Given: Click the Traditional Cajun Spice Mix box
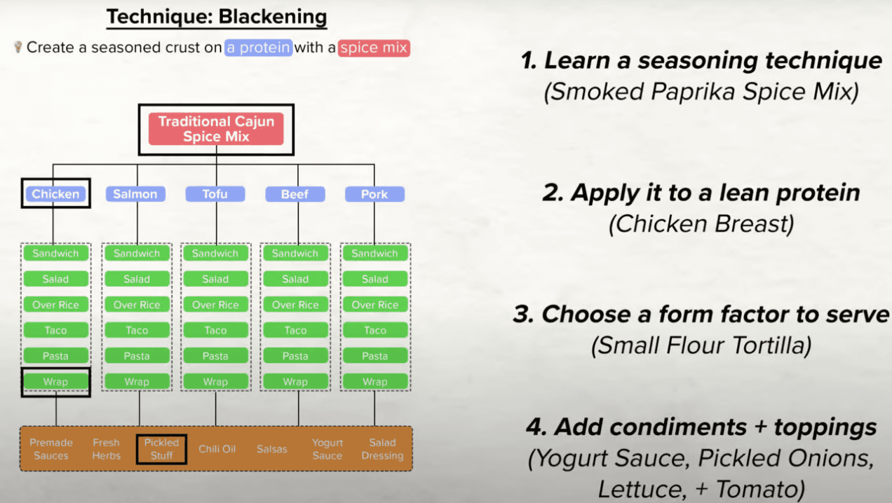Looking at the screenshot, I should tap(216, 129).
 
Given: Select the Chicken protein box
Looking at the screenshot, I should tap(55, 194).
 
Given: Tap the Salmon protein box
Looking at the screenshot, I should tap(135, 194).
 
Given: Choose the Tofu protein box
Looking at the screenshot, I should tap(215, 194).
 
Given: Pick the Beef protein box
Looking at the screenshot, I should tap(295, 194).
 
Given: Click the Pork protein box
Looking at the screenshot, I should tap(374, 194).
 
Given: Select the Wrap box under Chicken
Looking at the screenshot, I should tap(55, 382).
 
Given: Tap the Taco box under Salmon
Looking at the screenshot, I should tap(137, 330).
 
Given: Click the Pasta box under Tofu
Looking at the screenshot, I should tap(215, 356).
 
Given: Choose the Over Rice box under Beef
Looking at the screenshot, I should tap(295, 305).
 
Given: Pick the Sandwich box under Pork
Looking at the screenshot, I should tap(375, 253).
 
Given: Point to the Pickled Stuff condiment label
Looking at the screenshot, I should tap(162, 449).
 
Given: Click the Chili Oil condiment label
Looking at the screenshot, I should tap(217, 449).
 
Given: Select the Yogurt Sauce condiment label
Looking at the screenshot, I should tap(327, 449).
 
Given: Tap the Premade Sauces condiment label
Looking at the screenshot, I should tap(51, 449).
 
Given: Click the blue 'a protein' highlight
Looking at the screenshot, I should tap(258, 48).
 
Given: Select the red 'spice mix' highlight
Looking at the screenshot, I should tap(374, 48).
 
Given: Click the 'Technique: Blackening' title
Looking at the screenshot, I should tap(217, 17).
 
